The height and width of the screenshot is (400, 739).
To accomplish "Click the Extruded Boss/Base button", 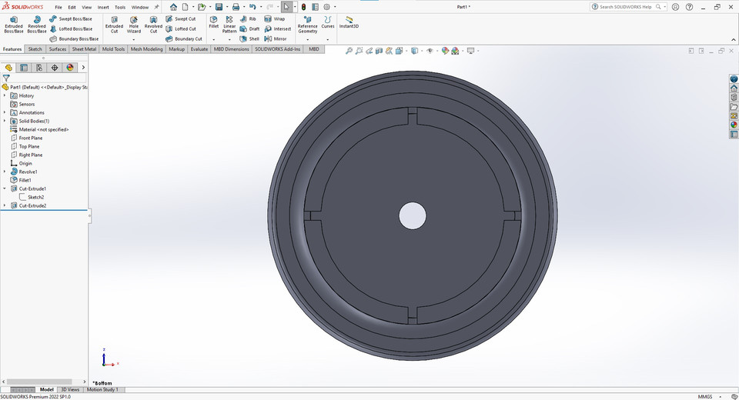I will tap(14, 24).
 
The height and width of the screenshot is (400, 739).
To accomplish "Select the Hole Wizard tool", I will tap(134, 24).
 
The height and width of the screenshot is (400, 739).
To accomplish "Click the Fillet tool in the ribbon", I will tap(214, 22).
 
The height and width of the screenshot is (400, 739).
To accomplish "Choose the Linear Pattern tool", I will tap(229, 24).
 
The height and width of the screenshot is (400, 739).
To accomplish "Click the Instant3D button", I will tap(349, 22).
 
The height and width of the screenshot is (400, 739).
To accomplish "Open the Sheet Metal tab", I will tap(84, 48).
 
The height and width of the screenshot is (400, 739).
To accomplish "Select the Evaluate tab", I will tap(199, 48).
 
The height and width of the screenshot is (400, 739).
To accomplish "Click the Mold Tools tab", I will tap(113, 48).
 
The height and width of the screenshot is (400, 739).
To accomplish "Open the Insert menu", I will tap(103, 7).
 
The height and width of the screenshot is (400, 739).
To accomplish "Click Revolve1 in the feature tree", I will tap(28, 172).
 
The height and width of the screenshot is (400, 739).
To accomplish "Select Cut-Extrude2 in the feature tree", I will tap(32, 205).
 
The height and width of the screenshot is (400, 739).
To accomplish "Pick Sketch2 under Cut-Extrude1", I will tap(35, 197).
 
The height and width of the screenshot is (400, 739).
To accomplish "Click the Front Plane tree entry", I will tap(30, 138).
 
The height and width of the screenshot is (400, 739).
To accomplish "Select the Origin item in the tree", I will tap(25, 163).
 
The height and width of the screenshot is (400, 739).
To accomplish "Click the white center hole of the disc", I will tap(413, 215).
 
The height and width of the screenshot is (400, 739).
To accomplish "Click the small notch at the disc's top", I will tap(413, 116).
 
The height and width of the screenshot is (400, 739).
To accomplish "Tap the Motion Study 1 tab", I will tap(102, 389).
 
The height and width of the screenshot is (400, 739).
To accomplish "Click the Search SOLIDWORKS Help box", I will tap(629, 7).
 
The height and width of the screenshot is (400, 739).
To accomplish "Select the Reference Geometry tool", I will tap(307, 24).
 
